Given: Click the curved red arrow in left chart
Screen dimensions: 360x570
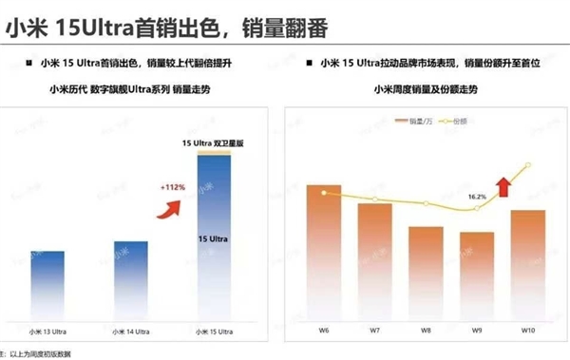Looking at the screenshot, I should pyautogui.click(x=172, y=208).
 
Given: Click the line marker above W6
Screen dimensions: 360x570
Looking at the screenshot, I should pyautogui.click(x=324, y=193).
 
